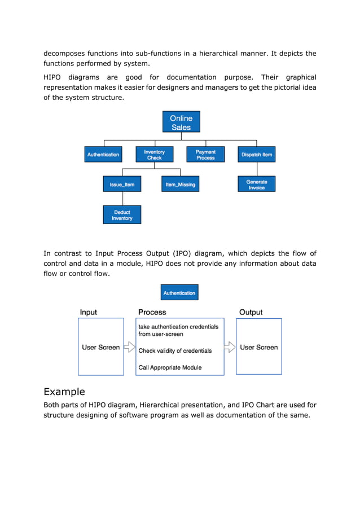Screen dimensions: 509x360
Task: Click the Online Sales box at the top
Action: [x=181, y=122]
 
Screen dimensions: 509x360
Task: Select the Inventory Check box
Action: [x=154, y=155]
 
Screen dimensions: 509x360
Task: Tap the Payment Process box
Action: [x=205, y=155]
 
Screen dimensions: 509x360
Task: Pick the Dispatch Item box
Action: [x=257, y=155]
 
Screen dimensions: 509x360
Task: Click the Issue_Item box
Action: [x=122, y=185]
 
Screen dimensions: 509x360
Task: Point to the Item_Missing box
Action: [x=181, y=185]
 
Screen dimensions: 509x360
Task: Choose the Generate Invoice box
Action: [x=257, y=185]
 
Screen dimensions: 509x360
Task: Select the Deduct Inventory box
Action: [x=122, y=215]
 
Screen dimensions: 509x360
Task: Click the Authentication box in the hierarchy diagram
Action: [x=103, y=155]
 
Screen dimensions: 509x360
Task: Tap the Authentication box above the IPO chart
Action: [x=179, y=293]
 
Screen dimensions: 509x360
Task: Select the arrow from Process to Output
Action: [x=230, y=346]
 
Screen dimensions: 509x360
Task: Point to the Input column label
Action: [x=89, y=312]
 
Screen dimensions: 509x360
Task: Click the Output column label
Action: [x=251, y=312]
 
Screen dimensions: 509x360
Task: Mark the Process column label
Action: [x=152, y=312]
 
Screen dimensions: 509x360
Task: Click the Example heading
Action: [x=64, y=392]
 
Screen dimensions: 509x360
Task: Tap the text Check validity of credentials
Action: [x=175, y=350]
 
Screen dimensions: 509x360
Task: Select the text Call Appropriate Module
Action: [x=170, y=367]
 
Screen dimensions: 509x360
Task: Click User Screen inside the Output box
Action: [x=258, y=347]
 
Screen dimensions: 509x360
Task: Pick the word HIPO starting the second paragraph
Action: [x=54, y=77]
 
